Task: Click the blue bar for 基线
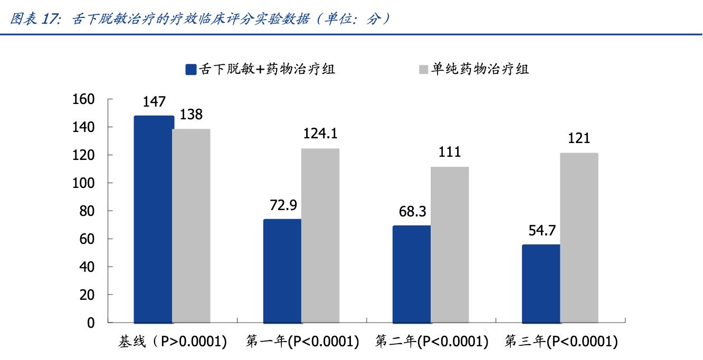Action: tap(154, 219)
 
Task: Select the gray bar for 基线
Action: tap(192, 226)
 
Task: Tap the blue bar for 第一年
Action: tap(282, 271)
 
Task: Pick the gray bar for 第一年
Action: tap(320, 235)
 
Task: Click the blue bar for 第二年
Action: tap(412, 274)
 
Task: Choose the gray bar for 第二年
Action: tap(450, 244)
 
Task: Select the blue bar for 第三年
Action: tap(541, 283)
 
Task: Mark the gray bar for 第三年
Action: tap(579, 238)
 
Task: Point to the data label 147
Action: tap(154, 102)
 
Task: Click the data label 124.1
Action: tap(320, 134)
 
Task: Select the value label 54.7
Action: tap(541, 230)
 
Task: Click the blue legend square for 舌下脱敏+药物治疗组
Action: tap(191, 70)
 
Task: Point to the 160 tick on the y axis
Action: tap(83, 99)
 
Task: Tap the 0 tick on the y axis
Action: tap(91, 323)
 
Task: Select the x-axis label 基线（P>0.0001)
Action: tap(173, 342)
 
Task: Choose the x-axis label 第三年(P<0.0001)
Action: tap(560, 342)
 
